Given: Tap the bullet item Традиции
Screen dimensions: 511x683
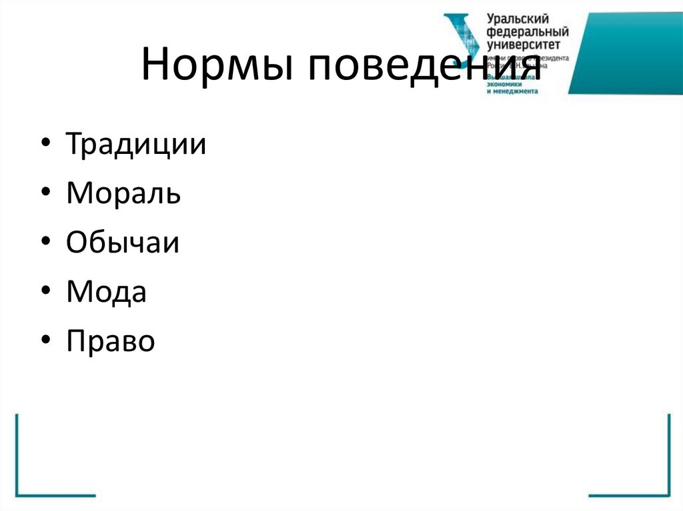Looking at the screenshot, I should pyautogui.click(x=136, y=145).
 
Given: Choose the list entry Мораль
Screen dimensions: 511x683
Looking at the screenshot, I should pyautogui.click(x=123, y=194).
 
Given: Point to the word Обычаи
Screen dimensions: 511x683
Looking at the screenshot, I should pyautogui.click(x=123, y=243).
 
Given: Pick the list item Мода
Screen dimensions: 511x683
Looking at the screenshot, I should pyautogui.click(x=106, y=292).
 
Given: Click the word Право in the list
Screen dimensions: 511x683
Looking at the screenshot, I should pyautogui.click(x=111, y=341).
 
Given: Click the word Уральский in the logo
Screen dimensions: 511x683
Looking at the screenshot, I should pyautogui.click(x=517, y=20).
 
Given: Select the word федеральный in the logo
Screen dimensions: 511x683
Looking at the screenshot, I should pyautogui.click(x=528, y=32).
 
